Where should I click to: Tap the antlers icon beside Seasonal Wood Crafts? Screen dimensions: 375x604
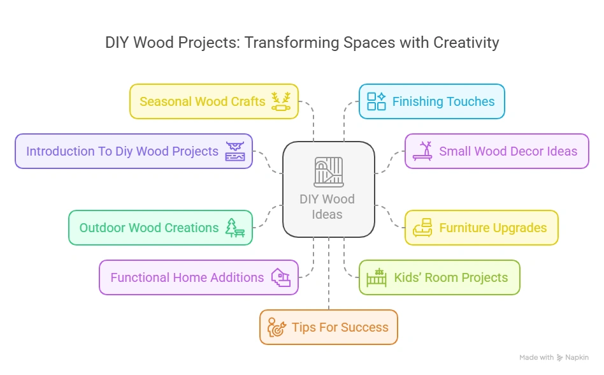click(x=281, y=101)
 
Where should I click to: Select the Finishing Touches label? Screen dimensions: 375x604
click(x=443, y=101)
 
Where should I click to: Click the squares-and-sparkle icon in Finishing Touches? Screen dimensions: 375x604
click(x=377, y=101)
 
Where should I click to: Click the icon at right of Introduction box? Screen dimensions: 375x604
click(x=235, y=151)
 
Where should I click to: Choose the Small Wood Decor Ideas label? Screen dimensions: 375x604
click(x=508, y=151)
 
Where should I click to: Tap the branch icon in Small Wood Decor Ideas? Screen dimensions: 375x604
click(x=422, y=151)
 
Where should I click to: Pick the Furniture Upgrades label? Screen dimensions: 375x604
click(x=493, y=228)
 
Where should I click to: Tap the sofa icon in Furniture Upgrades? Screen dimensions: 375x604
click(x=422, y=228)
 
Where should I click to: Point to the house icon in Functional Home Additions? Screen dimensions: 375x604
click(x=281, y=277)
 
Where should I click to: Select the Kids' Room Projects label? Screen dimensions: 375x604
click(x=450, y=277)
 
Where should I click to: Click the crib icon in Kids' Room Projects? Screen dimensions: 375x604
click(x=377, y=277)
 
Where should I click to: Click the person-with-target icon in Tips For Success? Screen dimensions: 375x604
click(x=277, y=327)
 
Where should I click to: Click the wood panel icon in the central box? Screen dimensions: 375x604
click(x=328, y=172)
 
